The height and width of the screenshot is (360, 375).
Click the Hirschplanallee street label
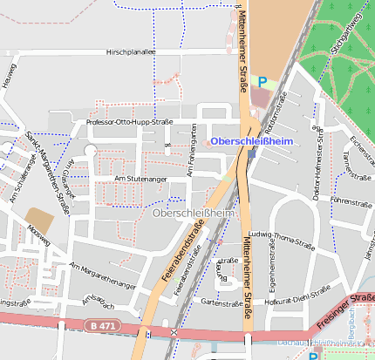coord(142,52)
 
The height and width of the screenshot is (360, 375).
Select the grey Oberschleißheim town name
coord(194,213)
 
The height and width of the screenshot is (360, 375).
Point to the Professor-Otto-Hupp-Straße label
coord(129,122)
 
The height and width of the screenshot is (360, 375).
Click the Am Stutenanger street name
coord(140,179)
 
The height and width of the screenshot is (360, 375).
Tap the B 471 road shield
coord(103,325)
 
